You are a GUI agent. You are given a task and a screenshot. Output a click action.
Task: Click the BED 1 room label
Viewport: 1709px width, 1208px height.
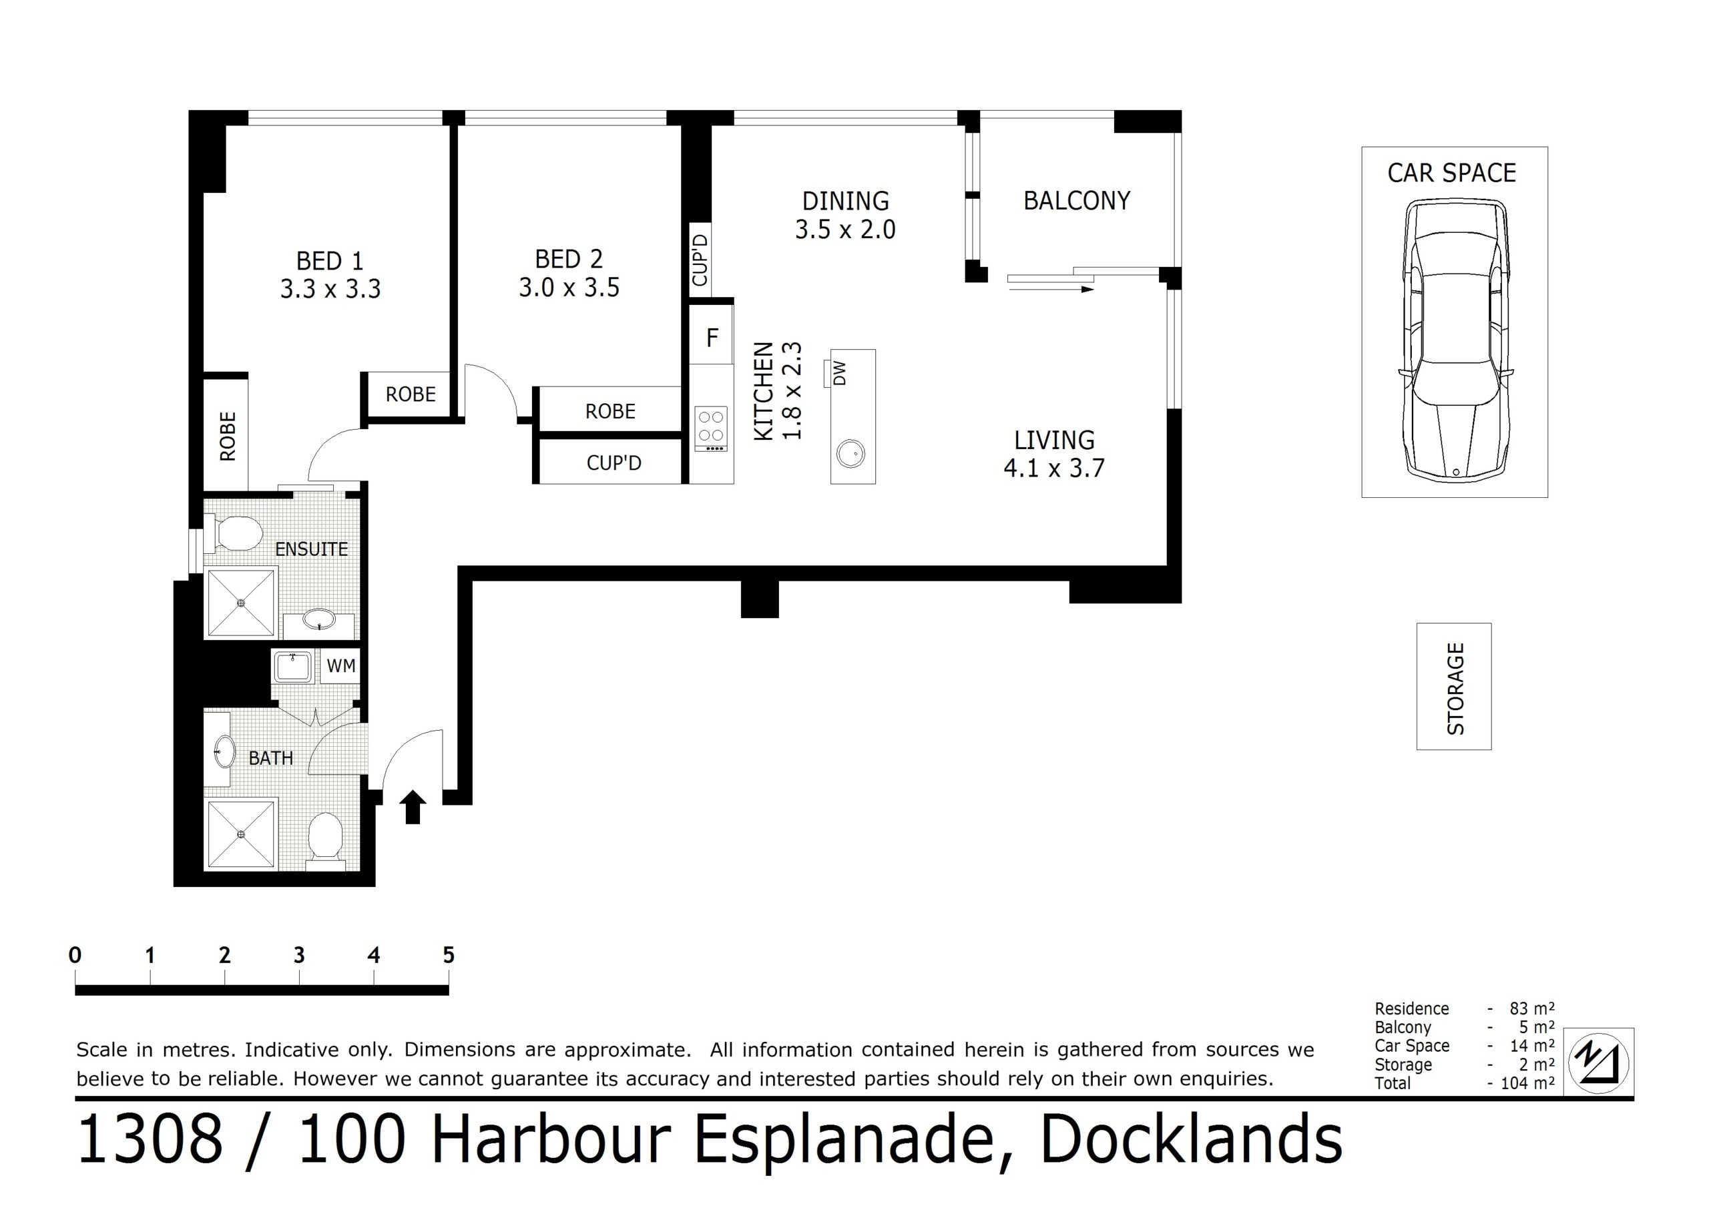[x=330, y=261]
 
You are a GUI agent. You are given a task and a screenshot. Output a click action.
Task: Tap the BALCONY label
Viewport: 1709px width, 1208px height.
[x=1076, y=200]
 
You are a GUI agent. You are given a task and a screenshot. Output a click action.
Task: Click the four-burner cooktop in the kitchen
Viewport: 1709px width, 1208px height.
[x=711, y=428]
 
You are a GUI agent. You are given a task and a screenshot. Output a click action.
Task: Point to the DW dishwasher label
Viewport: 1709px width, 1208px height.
[x=840, y=373]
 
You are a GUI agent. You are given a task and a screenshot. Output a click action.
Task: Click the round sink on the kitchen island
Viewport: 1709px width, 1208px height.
[x=850, y=453]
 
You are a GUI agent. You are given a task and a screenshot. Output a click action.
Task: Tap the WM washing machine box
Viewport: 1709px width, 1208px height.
[x=341, y=666]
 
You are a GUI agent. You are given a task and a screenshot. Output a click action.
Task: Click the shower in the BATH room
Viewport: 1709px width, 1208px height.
[x=241, y=834]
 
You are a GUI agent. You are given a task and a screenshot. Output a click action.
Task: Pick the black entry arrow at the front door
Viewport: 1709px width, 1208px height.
[x=413, y=807]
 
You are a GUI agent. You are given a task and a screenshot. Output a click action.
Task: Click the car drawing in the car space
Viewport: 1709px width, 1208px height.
[x=1455, y=338]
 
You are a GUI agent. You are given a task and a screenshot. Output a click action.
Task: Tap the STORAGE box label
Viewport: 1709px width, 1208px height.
[x=1455, y=689]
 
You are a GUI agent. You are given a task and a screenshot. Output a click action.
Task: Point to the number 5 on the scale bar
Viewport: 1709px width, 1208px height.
[x=448, y=955]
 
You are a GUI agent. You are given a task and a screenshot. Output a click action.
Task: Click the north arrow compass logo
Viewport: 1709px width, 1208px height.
[x=1599, y=1062]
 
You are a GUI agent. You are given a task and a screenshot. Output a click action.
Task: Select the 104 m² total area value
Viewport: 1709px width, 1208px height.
[x=1527, y=1083]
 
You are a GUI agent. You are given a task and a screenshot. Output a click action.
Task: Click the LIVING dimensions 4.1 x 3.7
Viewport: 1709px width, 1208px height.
[x=1054, y=468]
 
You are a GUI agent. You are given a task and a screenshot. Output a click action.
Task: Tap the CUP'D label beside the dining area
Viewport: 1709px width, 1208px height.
[x=700, y=260]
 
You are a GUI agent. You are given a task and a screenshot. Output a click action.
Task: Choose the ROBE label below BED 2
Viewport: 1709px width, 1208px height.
[x=610, y=411]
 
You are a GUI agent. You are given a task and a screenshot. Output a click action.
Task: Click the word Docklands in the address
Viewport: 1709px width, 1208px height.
[x=1191, y=1139]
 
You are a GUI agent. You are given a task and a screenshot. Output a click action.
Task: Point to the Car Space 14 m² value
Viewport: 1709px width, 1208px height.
[x=1532, y=1046]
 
